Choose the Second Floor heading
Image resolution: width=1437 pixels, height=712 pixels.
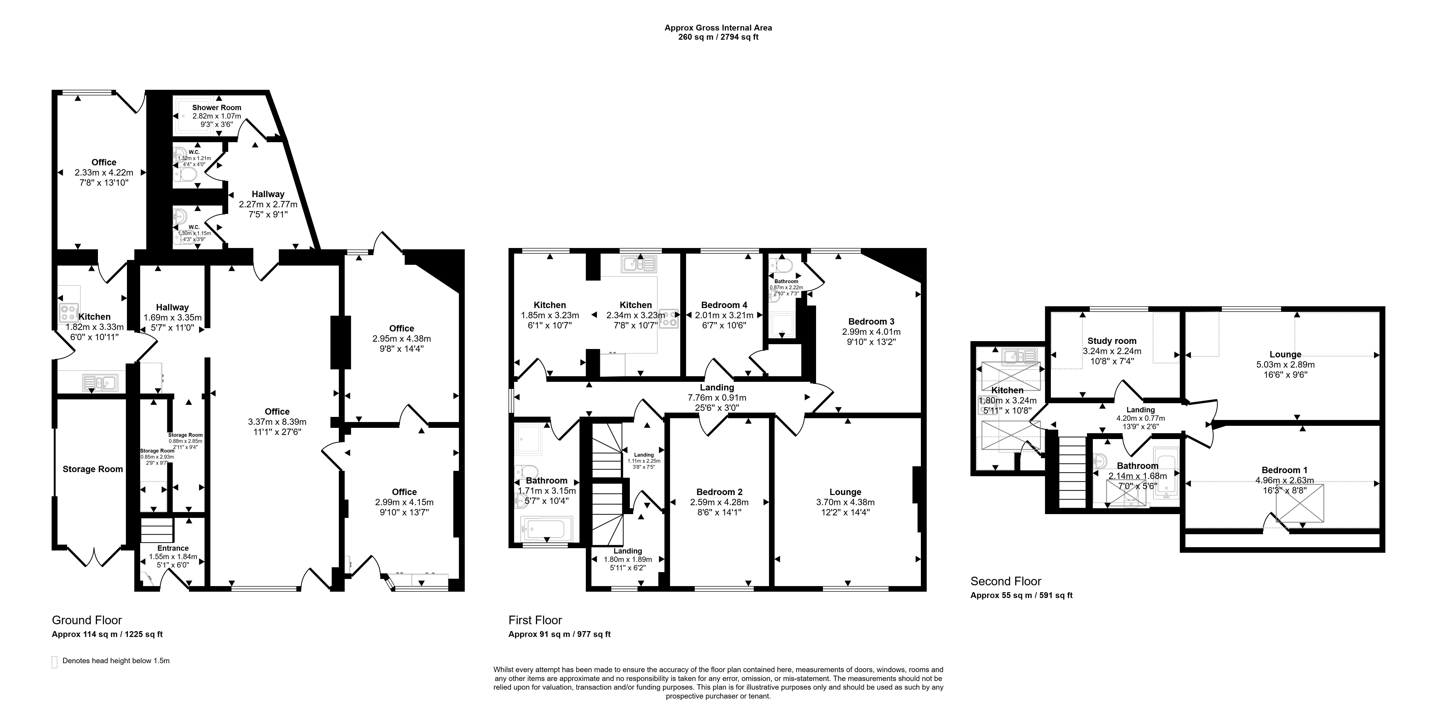(x=1006, y=581)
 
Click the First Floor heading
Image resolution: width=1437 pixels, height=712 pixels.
(x=535, y=620)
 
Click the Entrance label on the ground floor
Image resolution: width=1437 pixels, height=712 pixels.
(x=173, y=548)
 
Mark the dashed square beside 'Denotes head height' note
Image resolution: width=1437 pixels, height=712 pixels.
(x=55, y=662)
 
